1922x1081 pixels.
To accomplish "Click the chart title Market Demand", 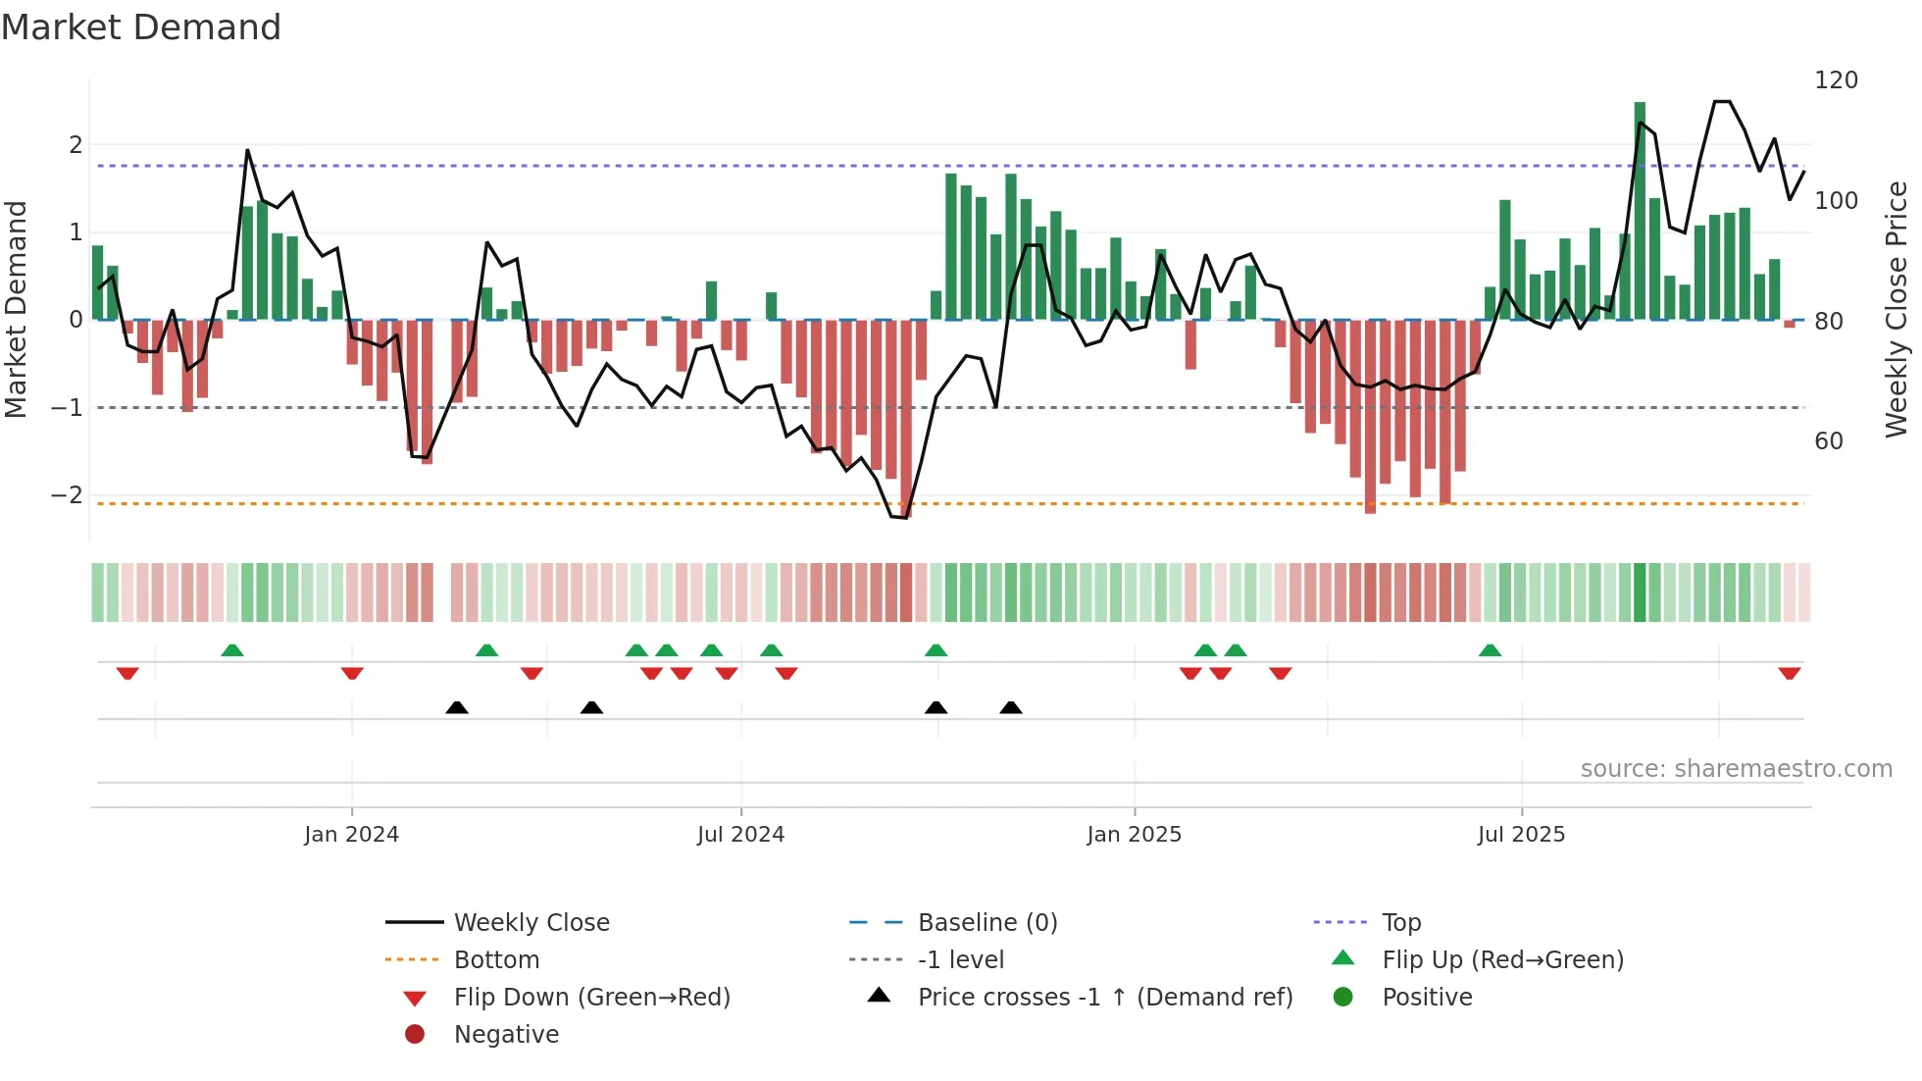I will (x=141, y=27).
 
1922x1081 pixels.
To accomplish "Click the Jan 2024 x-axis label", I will (x=351, y=835).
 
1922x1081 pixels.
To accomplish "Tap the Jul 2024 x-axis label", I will (x=740, y=835).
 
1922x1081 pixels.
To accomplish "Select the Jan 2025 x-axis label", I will (x=1134, y=835).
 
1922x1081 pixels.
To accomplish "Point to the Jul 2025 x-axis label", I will (x=1521, y=835).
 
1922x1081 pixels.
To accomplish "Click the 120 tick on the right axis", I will (x=1836, y=80).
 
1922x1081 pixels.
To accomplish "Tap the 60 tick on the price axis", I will (x=1829, y=441).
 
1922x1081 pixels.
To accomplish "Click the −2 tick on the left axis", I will (x=68, y=495).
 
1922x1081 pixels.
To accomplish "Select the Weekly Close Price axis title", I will (x=1897, y=309).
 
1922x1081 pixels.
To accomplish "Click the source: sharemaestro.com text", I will (x=1736, y=769).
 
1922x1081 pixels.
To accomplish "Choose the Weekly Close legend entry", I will (x=531, y=923).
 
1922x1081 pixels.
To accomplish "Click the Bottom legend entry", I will (x=496, y=960).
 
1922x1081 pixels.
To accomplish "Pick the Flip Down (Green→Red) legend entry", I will (x=591, y=998).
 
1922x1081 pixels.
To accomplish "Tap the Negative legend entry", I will (x=506, y=1035).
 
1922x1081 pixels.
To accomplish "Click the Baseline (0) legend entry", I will (x=986, y=923).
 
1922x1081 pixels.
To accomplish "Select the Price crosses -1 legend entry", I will (x=1104, y=998).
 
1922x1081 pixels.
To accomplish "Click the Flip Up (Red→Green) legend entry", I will (x=1502, y=960).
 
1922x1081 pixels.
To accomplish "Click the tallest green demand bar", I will (x=1640, y=211).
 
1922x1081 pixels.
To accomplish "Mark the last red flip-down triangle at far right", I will (x=1789, y=674).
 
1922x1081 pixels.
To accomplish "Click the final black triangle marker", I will (x=1011, y=707).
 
